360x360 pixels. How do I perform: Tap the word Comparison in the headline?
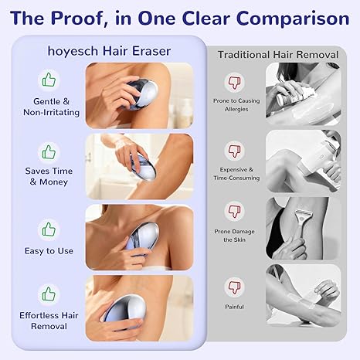(293, 19)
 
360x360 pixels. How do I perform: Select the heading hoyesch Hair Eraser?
(109, 51)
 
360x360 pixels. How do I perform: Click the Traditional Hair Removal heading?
(278, 55)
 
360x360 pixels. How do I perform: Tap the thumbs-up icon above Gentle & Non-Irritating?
(49, 80)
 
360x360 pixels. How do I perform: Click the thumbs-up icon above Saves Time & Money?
(49, 152)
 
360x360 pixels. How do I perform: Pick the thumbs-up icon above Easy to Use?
(49, 229)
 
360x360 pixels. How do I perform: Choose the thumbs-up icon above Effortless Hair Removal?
(49, 294)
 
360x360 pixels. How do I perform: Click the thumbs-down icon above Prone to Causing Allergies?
(234, 82)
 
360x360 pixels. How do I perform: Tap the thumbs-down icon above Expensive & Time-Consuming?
(234, 151)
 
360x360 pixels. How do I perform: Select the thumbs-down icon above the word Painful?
(234, 287)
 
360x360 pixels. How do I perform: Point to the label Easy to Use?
(49, 251)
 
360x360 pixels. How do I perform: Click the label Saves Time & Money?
(49, 176)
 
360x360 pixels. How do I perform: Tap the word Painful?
(234, 307)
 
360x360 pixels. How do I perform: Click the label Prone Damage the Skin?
(234, 236)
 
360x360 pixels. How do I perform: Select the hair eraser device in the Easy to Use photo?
(142, 239)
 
